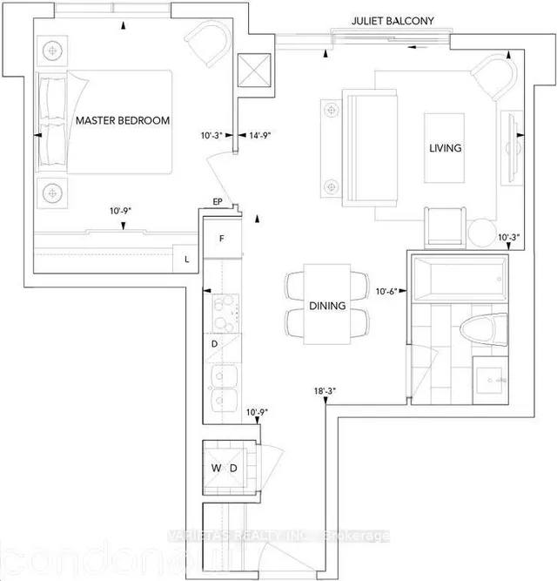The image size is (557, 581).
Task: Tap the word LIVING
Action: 445,148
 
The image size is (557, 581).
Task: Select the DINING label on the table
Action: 327,306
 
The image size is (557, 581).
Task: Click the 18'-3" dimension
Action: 327,390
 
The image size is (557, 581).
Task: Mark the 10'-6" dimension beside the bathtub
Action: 388,292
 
